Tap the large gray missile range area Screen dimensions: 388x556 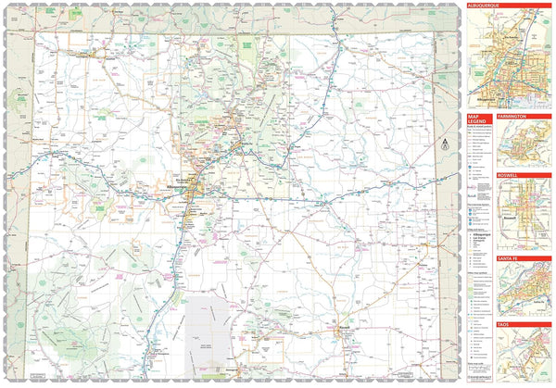pos(209,329)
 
